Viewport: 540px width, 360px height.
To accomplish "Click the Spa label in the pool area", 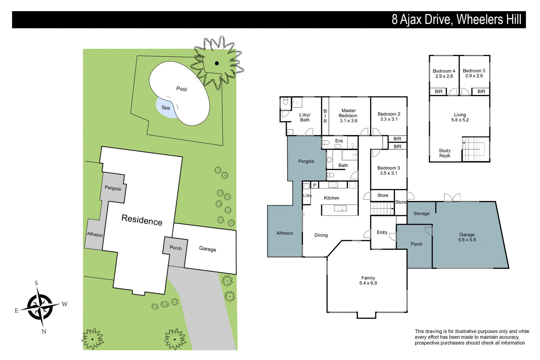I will [165, 108].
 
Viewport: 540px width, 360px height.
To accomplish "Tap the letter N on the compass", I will [44, 331].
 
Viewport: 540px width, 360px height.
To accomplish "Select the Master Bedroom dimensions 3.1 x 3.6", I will [348, 121].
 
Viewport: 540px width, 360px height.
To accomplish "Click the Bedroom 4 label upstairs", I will [444, 71].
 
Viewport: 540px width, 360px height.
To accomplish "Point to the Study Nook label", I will [444, 153].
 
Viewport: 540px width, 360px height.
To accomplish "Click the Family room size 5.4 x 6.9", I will [368, 283].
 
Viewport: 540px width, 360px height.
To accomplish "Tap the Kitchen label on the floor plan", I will [331, 198].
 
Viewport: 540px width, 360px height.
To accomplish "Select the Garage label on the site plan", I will [207, 249].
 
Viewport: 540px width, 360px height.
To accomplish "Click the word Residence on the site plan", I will [142, 220].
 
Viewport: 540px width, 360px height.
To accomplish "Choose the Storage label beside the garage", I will [422, 214].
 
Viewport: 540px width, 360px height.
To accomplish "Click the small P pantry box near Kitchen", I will [315, 185].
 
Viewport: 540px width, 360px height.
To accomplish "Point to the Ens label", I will [339, 141].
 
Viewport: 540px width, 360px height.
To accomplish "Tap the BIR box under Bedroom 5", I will [481, 91].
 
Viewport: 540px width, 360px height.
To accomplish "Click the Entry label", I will [382, 232].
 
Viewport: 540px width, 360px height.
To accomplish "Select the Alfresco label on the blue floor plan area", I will [285, 233].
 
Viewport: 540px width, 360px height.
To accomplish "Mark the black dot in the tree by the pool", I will [217, 63].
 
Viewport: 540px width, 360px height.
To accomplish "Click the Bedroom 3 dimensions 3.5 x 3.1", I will [388, 173].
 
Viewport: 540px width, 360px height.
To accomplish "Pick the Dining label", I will [321, 235].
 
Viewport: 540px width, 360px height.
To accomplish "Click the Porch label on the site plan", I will [175, 248].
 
